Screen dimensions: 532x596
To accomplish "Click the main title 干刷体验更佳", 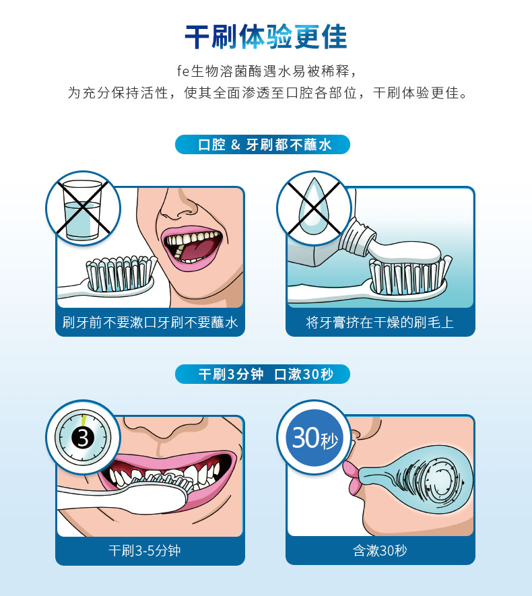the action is click(x=265, y=37).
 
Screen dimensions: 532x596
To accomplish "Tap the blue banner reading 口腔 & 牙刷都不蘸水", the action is click(x=262, y=144).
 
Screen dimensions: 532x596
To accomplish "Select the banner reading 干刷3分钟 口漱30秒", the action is click(x=262, y=374).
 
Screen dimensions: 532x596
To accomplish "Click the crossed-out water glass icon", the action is click(x=83, y=209).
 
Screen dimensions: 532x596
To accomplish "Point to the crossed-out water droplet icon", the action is click(x=314, y=208).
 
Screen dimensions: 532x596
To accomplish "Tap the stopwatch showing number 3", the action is click(x=83, y=437).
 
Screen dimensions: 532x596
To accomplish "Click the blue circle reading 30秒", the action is click(x=314, y=437).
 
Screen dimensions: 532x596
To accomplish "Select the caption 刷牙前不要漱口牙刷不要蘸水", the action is click(x=150, y=323).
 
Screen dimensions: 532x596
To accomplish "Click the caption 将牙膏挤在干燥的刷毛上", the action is click(x=380, y=323).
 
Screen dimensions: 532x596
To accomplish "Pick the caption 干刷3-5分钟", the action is click(x=144, y=550).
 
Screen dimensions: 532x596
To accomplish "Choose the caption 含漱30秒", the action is click(x=380, y=550).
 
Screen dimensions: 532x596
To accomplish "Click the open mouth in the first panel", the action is click(x=192, y=247).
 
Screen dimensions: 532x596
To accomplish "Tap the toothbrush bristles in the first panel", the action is click(x=121, y=273).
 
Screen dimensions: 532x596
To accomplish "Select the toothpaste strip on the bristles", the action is click(x=404, y=252).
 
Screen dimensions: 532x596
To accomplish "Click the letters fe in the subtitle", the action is click(x=183, y=71).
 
